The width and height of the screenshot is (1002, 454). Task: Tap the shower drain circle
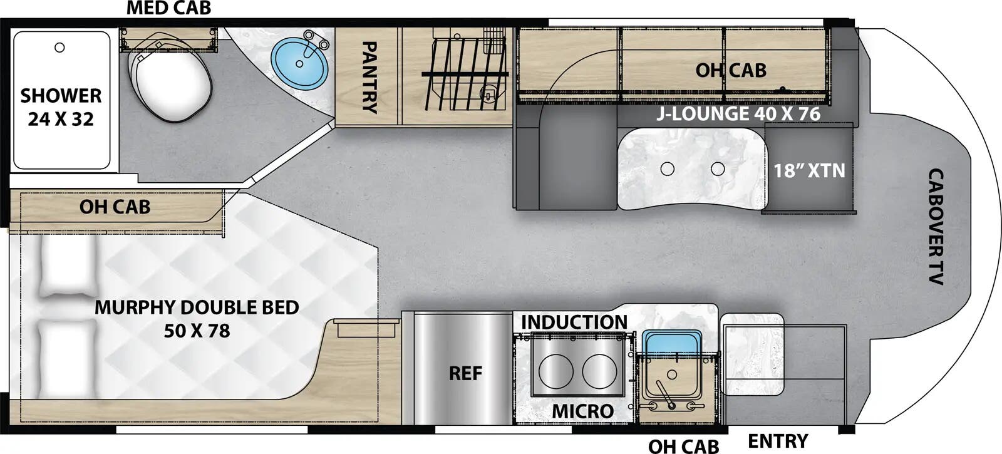pos(60,48)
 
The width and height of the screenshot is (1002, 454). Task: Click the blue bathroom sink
pos(299,63)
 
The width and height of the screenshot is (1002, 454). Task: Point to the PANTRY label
pos(369,76)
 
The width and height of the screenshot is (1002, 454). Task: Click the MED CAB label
pos(168,8)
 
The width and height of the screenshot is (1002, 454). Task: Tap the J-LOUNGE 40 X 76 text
pos(738,114)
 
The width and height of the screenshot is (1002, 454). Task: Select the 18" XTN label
pos(809,170)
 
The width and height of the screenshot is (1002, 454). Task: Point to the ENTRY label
pos(778,441)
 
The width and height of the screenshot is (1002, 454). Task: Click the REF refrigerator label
pos(465,374)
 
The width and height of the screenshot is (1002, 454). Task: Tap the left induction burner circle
pos(556,370)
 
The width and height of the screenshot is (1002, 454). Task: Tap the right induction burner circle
pos(599,370)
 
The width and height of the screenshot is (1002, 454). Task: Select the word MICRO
pos(582,411)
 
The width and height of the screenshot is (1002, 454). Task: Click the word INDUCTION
pos(574,322)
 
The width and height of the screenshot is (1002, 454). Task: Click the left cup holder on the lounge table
pos(668,168)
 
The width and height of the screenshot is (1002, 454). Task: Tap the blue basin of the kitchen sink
pos(670,343)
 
